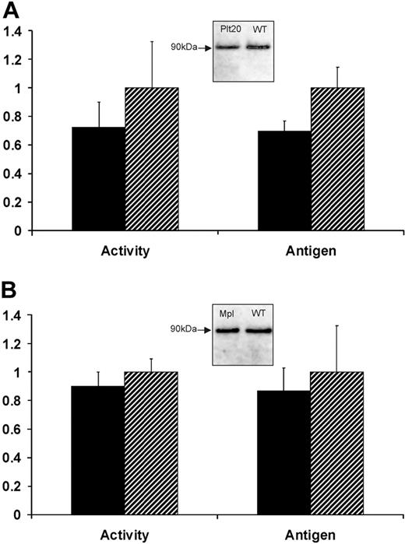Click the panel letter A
(x=10, y=9)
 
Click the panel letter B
(x=10, y=294)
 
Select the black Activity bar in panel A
(x=99, y=179)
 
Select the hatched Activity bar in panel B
(x=152, y=444)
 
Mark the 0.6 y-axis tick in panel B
(x=14, y=429)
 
